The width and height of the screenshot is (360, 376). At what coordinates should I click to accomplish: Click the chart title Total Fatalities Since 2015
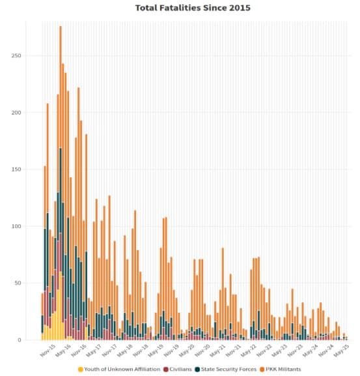tap(193, 8)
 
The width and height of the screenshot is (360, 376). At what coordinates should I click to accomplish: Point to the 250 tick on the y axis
tap(16, 55)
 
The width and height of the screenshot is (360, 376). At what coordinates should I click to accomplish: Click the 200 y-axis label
tap(16, 113)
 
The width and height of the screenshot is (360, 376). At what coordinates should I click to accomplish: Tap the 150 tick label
tap(16, 169)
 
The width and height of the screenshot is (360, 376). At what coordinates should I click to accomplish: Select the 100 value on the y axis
tap(16, 226)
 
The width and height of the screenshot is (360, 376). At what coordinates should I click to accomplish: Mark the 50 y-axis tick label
tap(18, 283)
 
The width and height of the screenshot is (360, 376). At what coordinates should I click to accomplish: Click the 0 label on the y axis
tap(20, 340)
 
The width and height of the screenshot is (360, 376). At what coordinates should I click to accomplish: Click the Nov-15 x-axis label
tap(48, 351)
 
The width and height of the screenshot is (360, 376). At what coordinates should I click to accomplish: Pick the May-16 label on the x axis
tap(63, 351)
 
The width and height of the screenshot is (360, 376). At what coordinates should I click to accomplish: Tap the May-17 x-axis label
tap(94, 351)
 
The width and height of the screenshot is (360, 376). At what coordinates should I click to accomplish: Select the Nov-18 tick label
tap(141, 351)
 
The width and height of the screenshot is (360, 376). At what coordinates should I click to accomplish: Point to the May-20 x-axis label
tap(187, 351)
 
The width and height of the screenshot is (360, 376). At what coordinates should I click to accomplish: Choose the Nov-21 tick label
tap(233, 351)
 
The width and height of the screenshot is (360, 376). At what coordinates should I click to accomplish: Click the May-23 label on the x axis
tap(279, 351)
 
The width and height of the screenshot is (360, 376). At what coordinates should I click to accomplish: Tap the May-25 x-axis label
tap(341, 351)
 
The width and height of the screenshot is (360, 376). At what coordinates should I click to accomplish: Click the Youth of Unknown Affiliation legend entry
tap(119, 369)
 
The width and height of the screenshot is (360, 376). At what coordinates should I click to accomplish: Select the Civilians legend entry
tap(178, 369)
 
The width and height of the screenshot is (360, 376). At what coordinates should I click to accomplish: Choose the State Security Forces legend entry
tap(226, 369)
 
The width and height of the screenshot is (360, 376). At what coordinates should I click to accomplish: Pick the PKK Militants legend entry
tap(280, 369)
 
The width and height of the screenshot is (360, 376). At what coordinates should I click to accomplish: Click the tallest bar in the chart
tap(61, 183)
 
